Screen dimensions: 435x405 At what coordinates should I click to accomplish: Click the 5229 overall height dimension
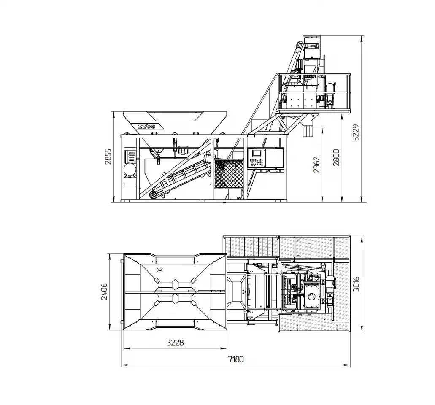click(356, 132)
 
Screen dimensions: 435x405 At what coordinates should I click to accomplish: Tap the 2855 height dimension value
click(108, 157)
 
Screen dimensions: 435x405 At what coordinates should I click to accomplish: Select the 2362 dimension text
click(317, 165)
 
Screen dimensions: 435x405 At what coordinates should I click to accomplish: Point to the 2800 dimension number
click(336, 157)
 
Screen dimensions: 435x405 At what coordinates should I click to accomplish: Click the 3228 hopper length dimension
click(176, 343)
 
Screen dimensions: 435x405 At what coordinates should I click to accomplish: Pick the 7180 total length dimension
click(236, 359)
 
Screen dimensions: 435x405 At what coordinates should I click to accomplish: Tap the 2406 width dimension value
click(104, 292)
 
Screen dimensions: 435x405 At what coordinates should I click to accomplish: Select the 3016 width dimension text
click(356, 283)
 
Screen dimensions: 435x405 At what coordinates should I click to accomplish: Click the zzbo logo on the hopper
click(147, 127)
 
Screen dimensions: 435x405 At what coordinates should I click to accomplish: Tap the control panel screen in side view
click(257, 153)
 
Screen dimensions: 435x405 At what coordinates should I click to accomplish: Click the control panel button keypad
click(256, 162)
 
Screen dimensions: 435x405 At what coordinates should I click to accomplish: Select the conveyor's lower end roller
click(154, 195)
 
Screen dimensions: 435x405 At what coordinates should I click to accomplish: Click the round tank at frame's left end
click(130, 169)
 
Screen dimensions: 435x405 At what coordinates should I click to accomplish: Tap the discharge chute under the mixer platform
click(308, 130)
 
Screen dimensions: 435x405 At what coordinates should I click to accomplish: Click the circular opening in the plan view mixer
click(311, 297)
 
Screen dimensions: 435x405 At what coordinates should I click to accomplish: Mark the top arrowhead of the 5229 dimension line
click(361, 39)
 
